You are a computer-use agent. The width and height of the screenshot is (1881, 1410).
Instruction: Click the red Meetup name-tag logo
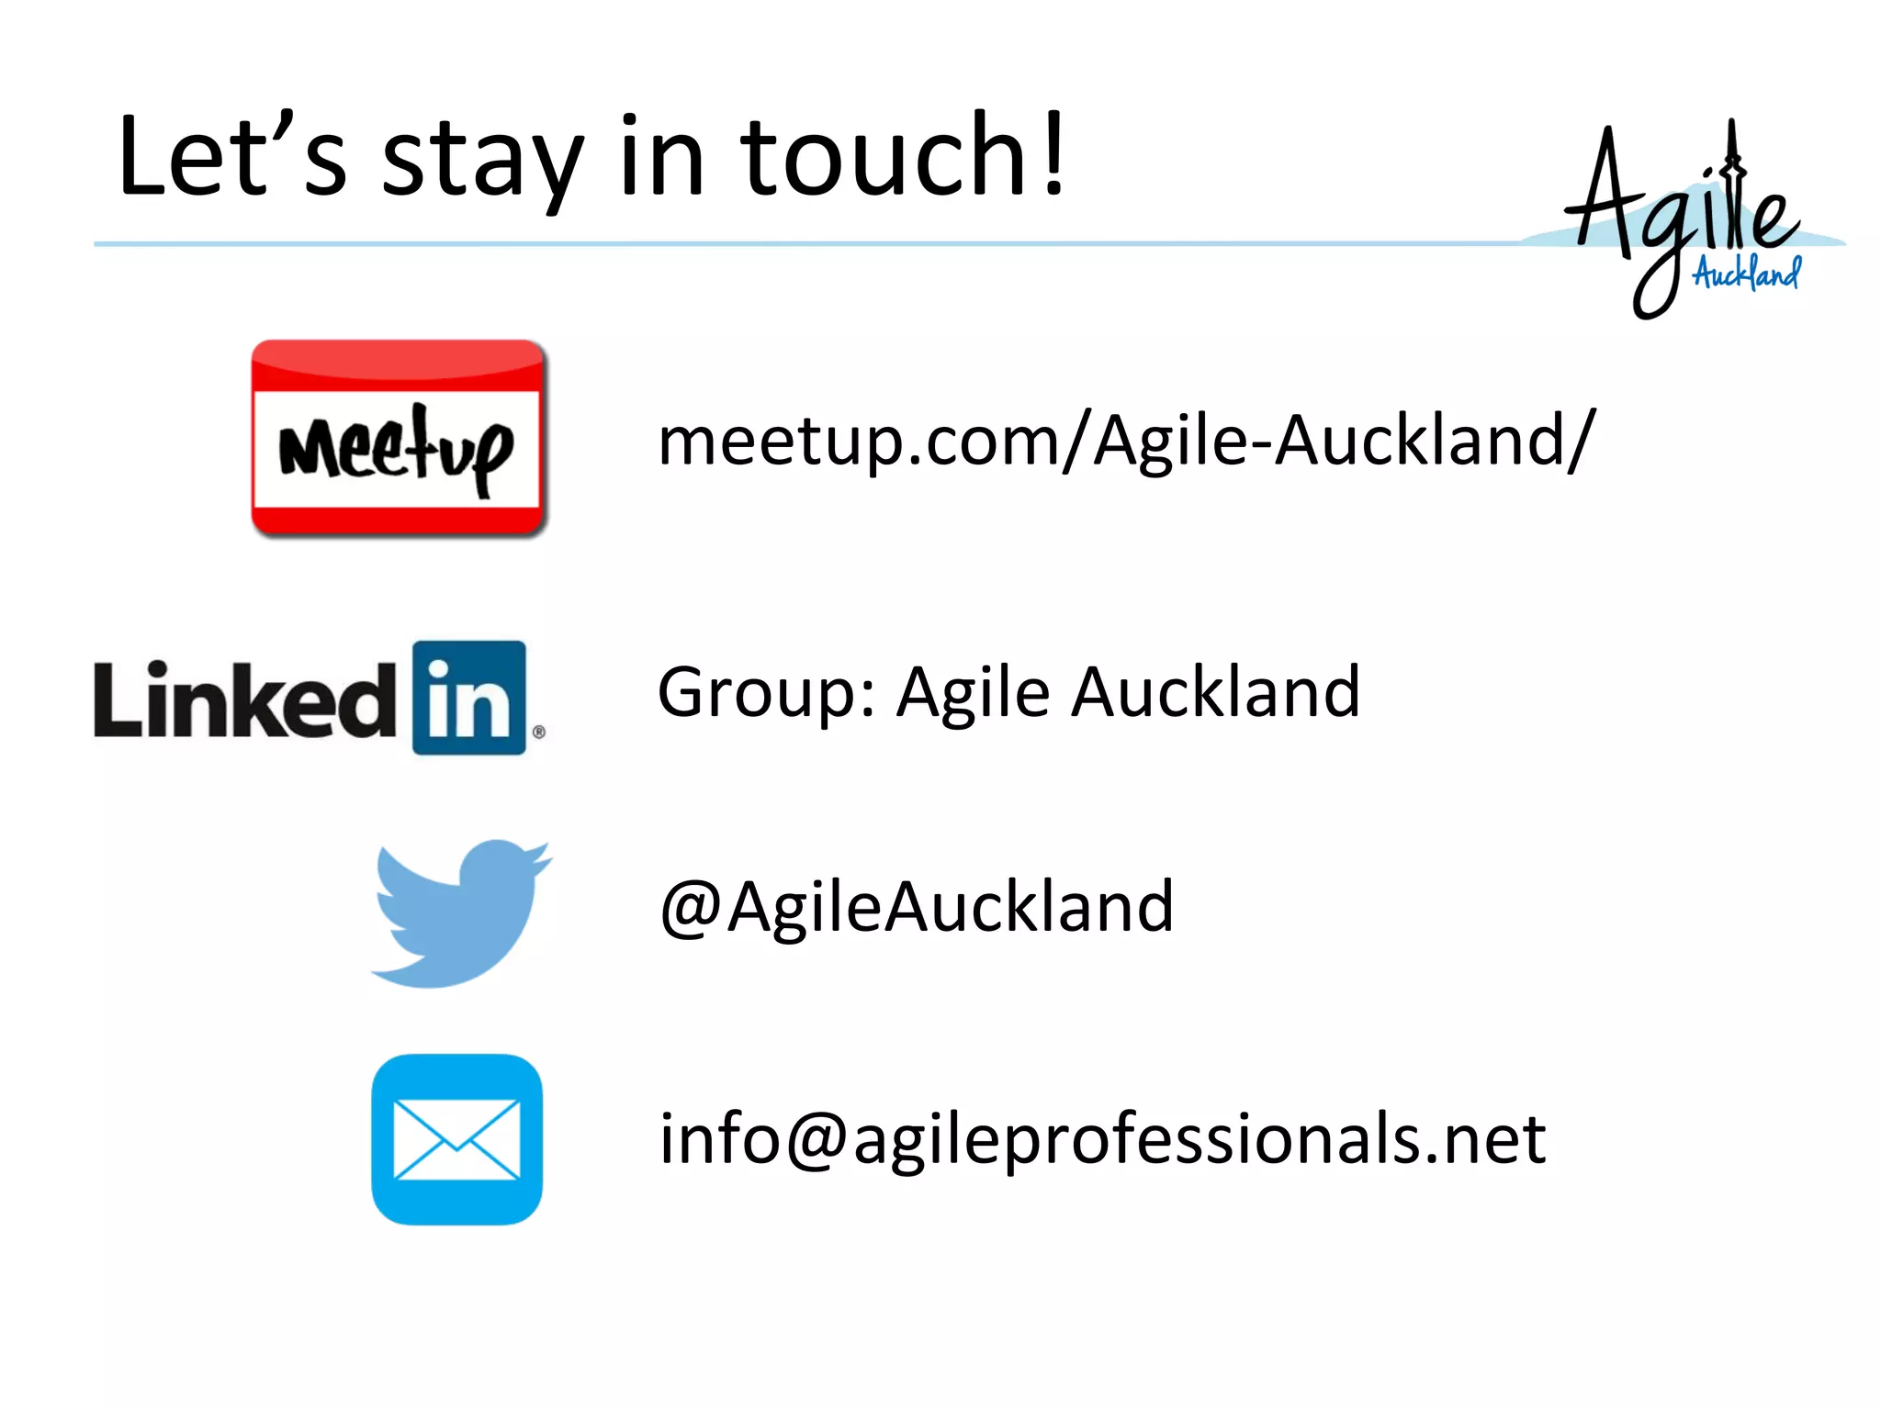[400, 438]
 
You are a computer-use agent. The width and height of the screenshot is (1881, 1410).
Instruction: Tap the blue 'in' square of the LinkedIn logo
[469, 698]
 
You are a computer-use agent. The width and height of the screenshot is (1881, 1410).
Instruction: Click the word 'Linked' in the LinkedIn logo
[243, 699]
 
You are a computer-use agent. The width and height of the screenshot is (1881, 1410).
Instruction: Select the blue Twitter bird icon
[459, 912]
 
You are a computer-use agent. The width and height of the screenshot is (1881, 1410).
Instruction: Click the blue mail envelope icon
[456, 1139]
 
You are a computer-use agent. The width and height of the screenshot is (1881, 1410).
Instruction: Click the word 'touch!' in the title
[903, 156]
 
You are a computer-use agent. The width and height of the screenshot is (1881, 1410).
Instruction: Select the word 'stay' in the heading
[482, 161]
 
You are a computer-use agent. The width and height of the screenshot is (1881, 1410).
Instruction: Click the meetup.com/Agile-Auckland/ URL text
[1126, 441]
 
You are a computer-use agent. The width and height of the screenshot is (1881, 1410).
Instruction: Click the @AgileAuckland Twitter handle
[917, 907]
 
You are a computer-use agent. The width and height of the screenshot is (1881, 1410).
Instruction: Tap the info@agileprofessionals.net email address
[1102, 1138]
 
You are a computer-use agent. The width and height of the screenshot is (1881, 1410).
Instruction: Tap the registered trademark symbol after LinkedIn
[539, 732]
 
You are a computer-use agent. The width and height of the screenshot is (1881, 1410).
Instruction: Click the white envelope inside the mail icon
[456, 1139]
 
